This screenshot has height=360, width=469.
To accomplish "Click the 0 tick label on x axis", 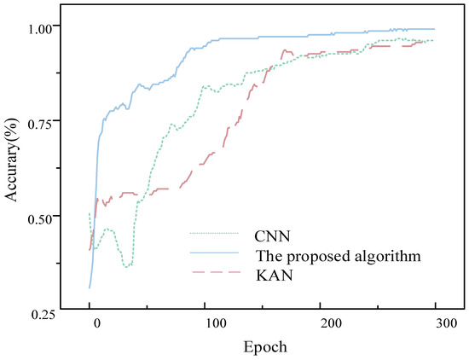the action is (x=96, y=324).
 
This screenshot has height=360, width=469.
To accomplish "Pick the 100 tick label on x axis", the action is (x=216, y=324).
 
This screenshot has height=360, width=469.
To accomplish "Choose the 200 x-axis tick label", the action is (x=331, y=324).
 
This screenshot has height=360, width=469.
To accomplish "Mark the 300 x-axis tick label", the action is (x=447, y=324).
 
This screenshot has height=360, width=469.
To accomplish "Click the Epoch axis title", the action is (x=265, y=347).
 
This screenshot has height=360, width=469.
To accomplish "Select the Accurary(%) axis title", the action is (x=12, y=160).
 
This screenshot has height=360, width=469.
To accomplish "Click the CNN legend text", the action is (x=272, y=236).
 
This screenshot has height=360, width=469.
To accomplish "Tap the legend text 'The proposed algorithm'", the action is (x=339, y=257).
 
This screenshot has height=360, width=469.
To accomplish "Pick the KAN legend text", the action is (x=275, y=276).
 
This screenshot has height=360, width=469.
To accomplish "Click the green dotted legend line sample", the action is (x=214, y=233).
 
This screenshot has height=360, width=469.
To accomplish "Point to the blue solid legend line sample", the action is (x=214, y=253).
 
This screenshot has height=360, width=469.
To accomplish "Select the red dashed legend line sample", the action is (x=216, y=272).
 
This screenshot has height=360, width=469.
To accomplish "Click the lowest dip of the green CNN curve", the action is (x=127, y=267).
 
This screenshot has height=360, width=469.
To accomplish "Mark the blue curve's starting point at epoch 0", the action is (x=90, y=287).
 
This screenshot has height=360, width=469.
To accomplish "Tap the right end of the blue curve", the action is (x=434, y=29).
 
